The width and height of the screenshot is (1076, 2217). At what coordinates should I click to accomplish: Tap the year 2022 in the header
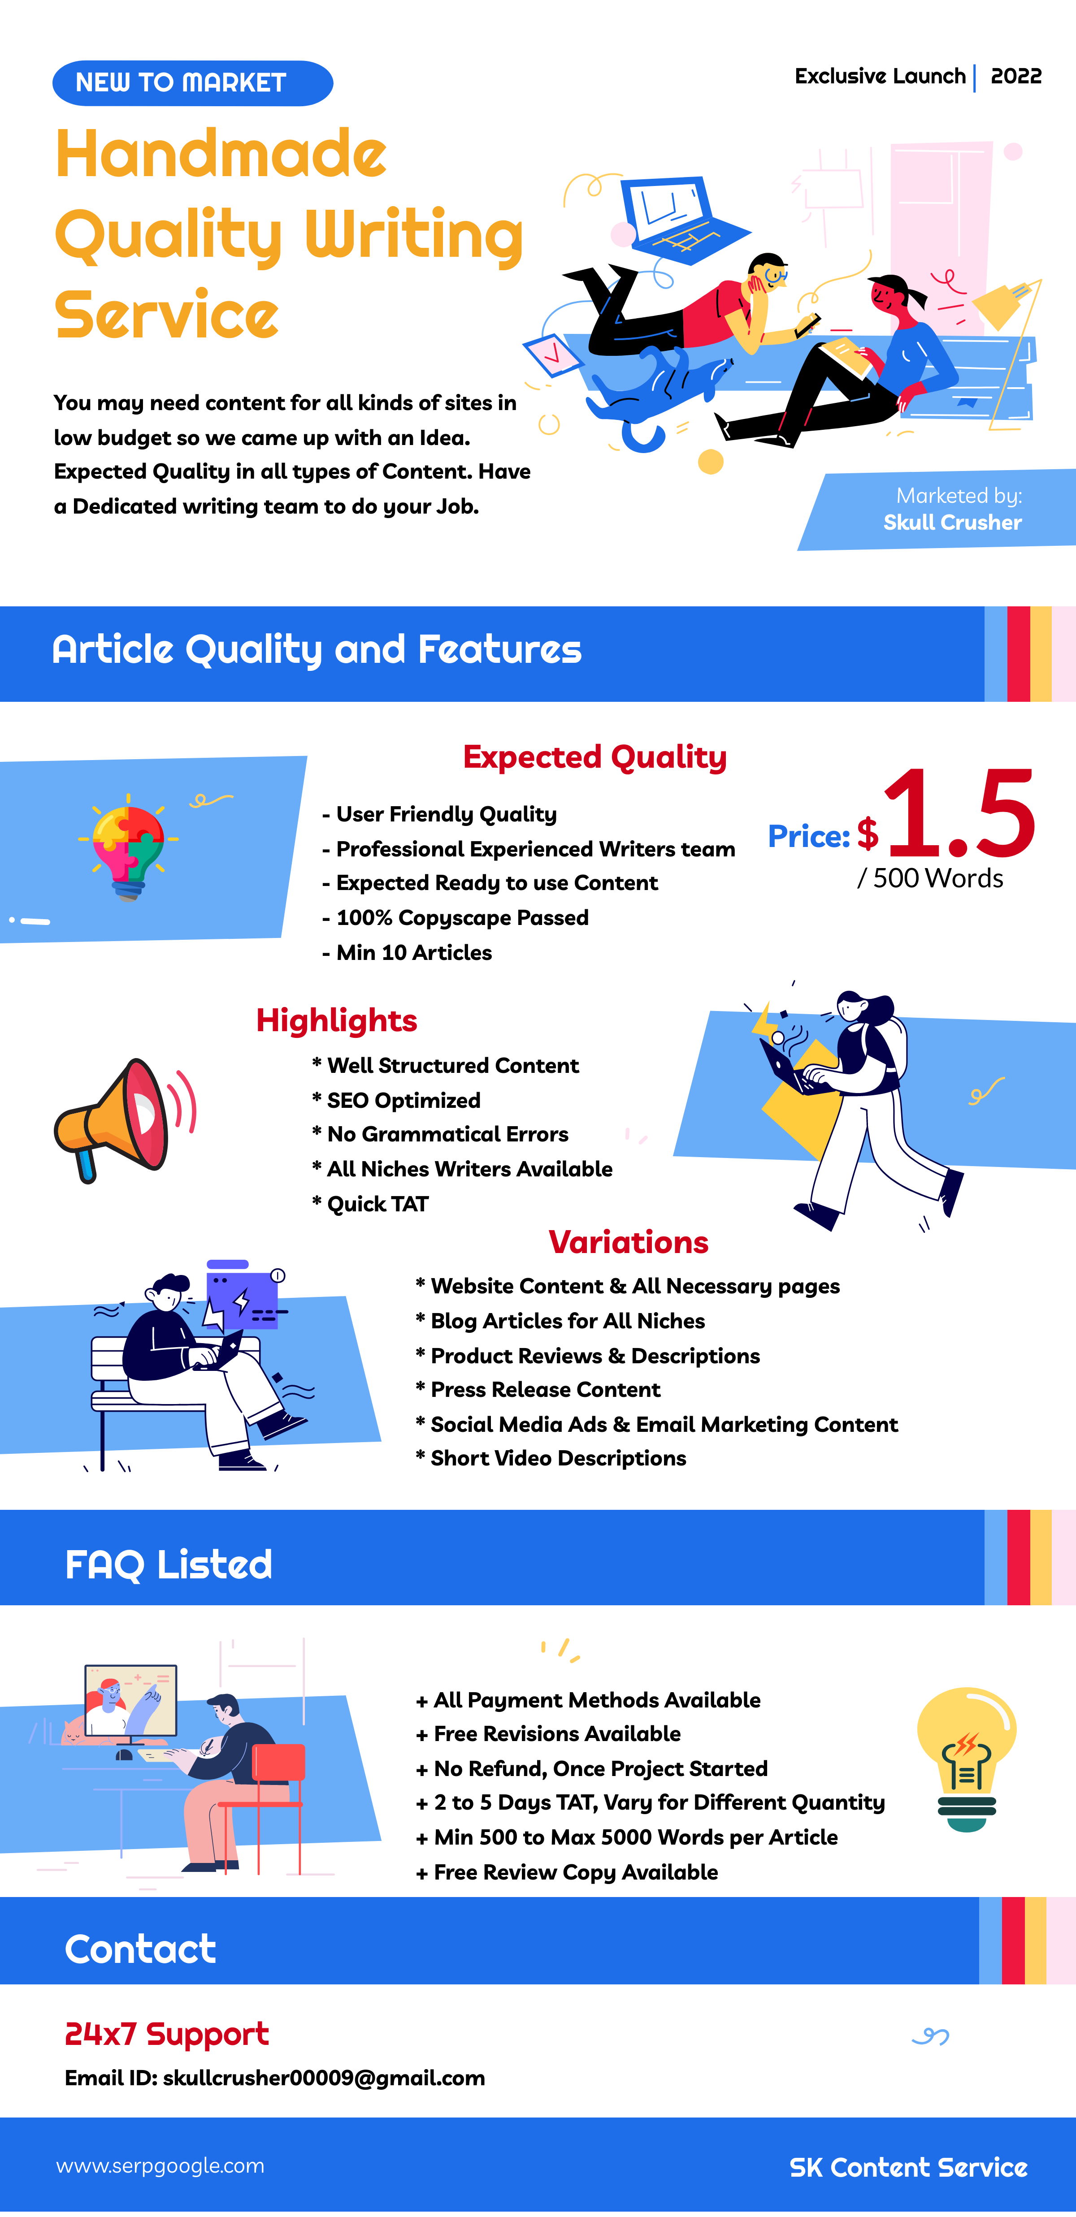click(1016, 77)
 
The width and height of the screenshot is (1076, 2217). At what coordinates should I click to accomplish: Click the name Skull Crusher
click(952, 523)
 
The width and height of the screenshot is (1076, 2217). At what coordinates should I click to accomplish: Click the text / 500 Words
click(931, 879)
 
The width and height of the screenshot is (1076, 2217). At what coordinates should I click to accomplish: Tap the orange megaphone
click(124, 1119)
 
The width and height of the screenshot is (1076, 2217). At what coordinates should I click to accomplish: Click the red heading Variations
click(629, 1243)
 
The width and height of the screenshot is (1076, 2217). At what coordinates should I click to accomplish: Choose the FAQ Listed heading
click(169, 1564)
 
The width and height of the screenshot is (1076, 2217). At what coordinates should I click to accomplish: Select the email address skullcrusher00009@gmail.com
click(324, 2079)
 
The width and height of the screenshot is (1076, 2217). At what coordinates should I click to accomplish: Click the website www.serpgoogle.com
click(160, 2166)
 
